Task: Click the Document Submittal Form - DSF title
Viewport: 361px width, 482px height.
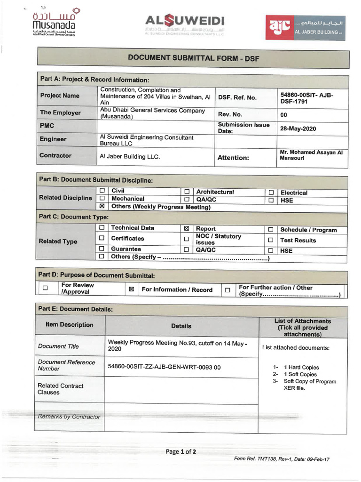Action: point(193,58)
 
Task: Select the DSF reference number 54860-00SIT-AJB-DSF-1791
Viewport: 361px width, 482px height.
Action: point(306,98)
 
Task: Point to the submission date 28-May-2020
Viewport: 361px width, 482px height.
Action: point(298,129)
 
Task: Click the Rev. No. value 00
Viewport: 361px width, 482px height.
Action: point(283,115)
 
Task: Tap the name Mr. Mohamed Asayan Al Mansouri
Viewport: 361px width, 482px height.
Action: point(311,155)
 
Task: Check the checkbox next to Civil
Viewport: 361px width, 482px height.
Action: point(102,191)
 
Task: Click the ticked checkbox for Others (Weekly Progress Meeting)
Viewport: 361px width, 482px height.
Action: point(102,207)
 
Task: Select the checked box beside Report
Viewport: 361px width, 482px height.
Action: point(187,228)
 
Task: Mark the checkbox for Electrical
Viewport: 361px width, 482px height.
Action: point(271,193)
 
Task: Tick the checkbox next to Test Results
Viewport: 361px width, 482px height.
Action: point(271,240)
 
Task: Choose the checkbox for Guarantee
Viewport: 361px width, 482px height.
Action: point(102,249)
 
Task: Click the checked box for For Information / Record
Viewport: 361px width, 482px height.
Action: point(132,289)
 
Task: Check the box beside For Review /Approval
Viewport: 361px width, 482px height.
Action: point(45,288)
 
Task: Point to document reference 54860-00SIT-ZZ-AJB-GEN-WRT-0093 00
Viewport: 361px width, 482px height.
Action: point(164,366)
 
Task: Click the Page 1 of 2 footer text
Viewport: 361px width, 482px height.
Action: point(181,452)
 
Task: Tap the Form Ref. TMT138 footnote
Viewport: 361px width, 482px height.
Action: point(282,459)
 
